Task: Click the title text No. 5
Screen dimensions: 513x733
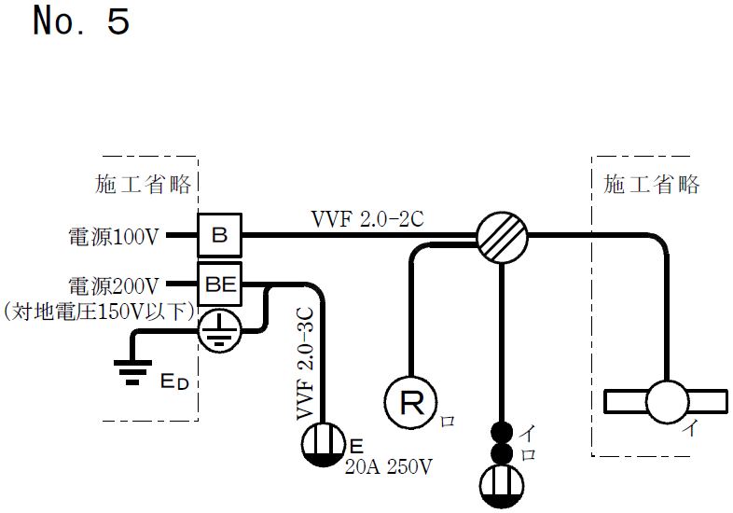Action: point(81,21)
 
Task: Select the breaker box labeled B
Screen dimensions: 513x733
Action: point(219,236)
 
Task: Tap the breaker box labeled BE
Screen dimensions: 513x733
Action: point(220,284)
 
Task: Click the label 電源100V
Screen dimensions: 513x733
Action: point(114,237)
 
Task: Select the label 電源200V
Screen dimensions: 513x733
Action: point(114,284)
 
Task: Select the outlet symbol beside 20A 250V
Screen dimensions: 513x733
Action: point(323,443)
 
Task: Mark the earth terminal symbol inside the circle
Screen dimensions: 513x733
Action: point(219,328)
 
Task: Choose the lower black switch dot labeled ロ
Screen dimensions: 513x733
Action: point(503,453)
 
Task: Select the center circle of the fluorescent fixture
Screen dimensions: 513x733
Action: point(667,402)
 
